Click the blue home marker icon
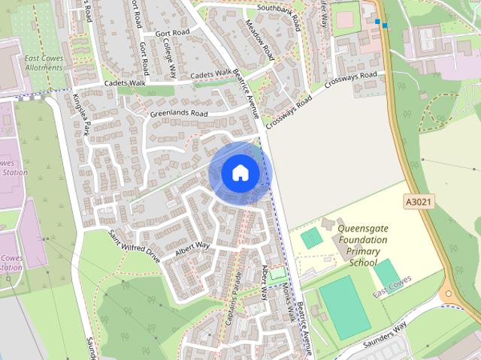[x=239, y=173]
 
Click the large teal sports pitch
[x=344, y=307]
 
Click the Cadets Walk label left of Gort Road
[x=125, y=82]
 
